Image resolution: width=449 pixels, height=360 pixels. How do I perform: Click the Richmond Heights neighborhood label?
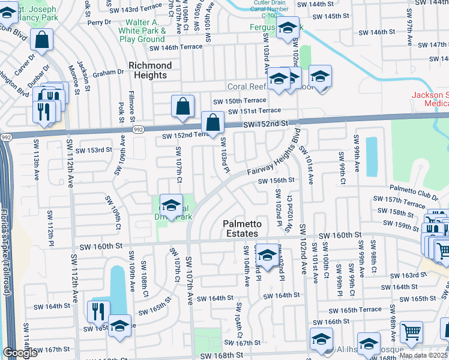pyautogui.click(x=150, y=70)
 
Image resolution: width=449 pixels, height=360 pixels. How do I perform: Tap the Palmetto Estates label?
pyautogui.click(x=241, y=229)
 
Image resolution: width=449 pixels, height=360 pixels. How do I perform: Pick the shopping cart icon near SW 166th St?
pyautogui.click(x=411, y=332)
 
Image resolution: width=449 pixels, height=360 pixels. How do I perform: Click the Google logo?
pyautogui.click(x=20, y=353)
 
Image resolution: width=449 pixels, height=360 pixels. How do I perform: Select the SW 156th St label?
pyautogui.click(x=276, y=181)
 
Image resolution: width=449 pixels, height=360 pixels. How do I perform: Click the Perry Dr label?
pyautogui.click(x=96, y=22)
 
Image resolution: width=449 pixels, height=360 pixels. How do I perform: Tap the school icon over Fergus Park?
pyautogui.click(x=288, y=28)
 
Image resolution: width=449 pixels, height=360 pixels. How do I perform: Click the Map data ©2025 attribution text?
pyautogui.click(x=424, y=355)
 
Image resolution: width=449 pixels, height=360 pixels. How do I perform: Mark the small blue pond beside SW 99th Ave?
pyautogui.click(x=371, y=155)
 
